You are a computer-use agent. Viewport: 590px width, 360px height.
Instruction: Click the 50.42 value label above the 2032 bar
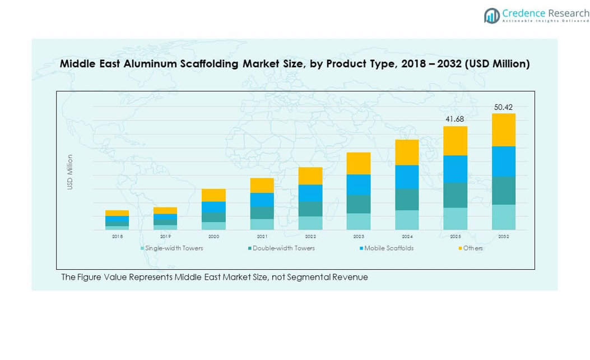point(503,107)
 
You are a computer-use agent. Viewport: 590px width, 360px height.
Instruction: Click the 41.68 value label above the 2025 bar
point(455,119)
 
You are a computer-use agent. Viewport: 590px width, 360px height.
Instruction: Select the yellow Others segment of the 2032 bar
point(504,130)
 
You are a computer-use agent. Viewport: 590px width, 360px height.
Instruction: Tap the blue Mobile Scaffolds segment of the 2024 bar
point(407,177)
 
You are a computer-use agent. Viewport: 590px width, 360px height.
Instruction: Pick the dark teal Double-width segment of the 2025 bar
point(455,195)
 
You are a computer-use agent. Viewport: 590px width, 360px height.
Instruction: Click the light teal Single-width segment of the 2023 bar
point(359,221)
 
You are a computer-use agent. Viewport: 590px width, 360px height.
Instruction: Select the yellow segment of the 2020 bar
point(213,195)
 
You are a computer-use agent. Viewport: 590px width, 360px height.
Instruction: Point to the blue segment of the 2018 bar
point(117,219)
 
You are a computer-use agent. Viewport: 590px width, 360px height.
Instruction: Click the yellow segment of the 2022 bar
point(310,176)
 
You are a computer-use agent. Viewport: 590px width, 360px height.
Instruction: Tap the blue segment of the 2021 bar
point(262,200)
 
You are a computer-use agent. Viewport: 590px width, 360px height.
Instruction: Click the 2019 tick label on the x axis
point(165,237)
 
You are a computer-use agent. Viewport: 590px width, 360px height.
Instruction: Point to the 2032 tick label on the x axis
point(504,237)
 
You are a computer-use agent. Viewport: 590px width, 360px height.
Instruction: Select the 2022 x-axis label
point(310,237)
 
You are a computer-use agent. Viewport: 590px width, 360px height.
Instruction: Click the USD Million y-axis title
point(71,172)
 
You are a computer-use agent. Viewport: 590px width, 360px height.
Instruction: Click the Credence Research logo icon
point(492,16)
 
